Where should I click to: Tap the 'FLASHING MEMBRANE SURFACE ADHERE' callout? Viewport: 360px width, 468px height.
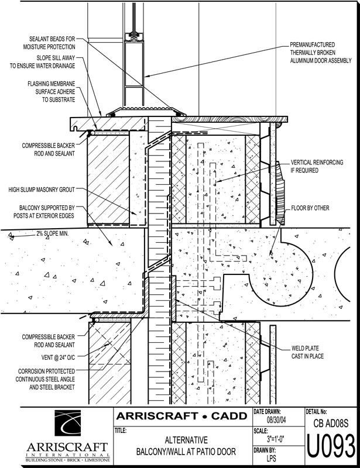click(53, 92)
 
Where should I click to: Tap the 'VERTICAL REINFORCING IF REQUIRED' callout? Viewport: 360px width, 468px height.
click(317, 167)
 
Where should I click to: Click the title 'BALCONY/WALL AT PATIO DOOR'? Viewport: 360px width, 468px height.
click(182, 452)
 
